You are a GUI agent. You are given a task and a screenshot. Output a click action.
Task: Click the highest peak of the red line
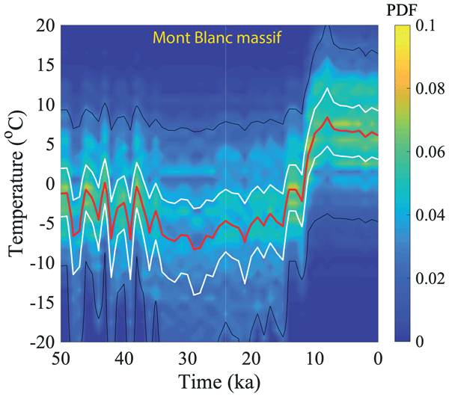point(328,118)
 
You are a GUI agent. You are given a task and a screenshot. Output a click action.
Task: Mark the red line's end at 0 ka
point(379,135)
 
